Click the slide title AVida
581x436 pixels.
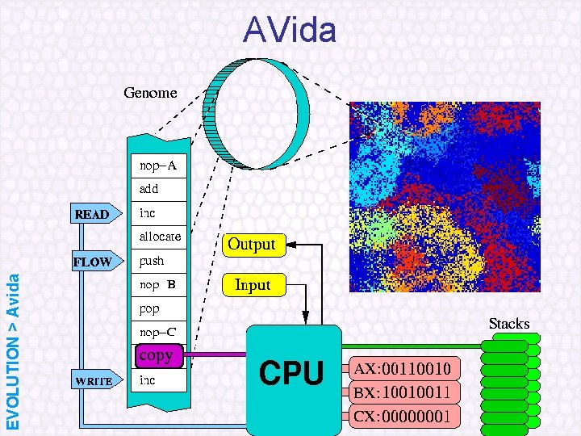pyautogui.click(x=290, y=31)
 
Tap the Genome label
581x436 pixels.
pyautogui.click(x=150, y=93)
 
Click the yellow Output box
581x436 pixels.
pyautogui.click(x=252, y=244)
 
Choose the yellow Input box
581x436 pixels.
pyautogui.click(x=252, y=285)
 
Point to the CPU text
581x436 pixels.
pyautogui.click(x=291, y=374)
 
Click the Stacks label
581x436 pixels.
pyautogui.click(x=508, y=324)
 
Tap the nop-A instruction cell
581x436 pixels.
pyautogui.click(x=158, y=166)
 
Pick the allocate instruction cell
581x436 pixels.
pyautogui.click(x=160, y=237)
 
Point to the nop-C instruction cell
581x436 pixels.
pyautogui.click(x=157, y=332)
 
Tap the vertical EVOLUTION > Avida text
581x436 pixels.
pyautogui.click(x=14, y=350)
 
